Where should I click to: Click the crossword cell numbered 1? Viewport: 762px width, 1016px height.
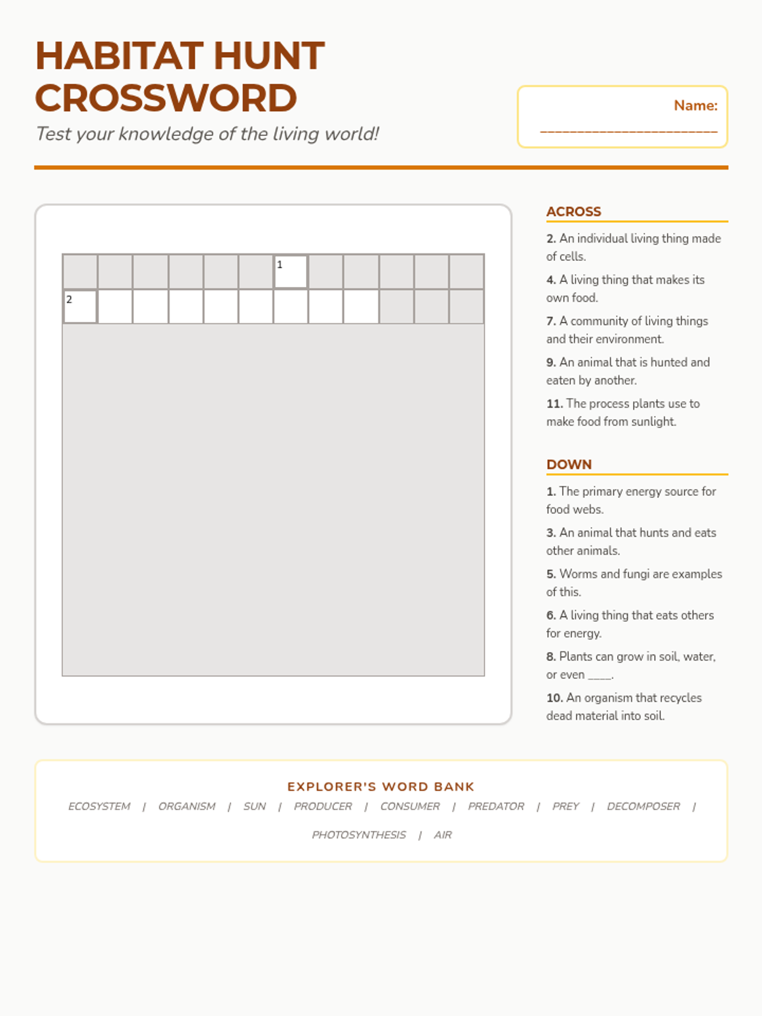(x=291, y=272)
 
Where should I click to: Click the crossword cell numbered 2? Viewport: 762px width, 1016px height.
(x=80, y=307)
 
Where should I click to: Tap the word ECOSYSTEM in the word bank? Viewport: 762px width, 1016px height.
(x=99, y=806)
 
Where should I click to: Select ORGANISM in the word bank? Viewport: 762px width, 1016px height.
(x=187, y=806)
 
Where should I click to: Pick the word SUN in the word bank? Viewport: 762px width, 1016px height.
(x=255, y=806)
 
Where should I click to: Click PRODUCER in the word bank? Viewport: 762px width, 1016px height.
(x=323, y=806)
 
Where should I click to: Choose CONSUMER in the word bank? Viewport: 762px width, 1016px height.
(x=410, y=806)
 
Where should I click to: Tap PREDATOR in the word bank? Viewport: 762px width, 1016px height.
(x=496, y=806)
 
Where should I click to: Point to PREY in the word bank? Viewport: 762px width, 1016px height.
(x=565, y=806)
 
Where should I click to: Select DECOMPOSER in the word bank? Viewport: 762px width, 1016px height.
(x=643, y=806)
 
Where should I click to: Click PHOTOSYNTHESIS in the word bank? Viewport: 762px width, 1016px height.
(x=359, y=835)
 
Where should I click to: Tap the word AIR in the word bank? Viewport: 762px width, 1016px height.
(x=443, y=835)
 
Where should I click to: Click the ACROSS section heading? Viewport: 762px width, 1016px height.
(x=573, y=211)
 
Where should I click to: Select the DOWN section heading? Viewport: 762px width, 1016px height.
(x=569, y=464)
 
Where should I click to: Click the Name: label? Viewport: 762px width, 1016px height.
(x=695, y=105)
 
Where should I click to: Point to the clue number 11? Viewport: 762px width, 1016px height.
(x=554, y=404)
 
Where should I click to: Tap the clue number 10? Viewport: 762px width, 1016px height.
(x=554, y=698)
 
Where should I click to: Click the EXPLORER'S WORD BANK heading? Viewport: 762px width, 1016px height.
(x=381, y=787)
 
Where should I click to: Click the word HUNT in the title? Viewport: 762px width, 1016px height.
(x=269, y=56)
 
